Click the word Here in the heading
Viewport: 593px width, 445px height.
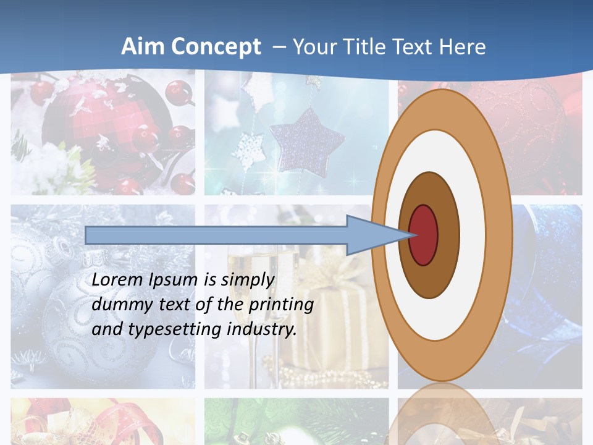click(462, 47)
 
